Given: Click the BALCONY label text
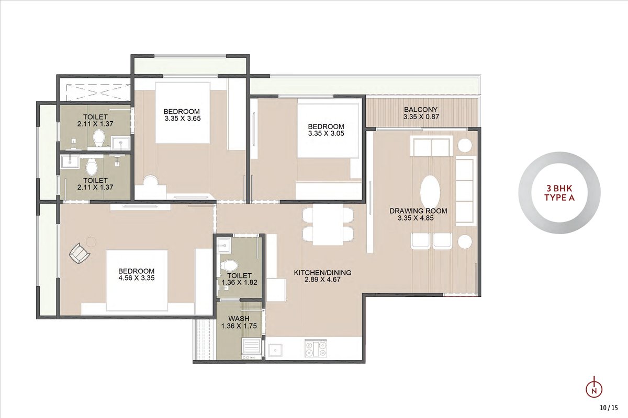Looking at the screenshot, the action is (x=421, y=110).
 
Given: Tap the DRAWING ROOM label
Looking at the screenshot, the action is (x=418, y=211).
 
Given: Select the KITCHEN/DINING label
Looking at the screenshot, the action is (x=322, y=272).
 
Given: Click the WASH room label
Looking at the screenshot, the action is (x=239, y=319).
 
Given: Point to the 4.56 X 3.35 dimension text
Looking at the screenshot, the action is (x=137, y=278).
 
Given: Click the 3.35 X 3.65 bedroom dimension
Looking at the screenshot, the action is (x=183, y=119).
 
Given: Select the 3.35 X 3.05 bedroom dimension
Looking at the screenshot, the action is (x=326, y=134).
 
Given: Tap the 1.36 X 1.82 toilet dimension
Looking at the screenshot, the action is (x=240, y=282).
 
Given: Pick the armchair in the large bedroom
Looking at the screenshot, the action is (x=80, y=253).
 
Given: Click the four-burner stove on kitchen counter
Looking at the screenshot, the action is (x=316, y=349).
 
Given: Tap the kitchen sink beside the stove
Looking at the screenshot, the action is (x=275, y=350).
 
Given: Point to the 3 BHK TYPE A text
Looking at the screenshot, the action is (x=559, y=193).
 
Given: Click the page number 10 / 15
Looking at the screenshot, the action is (x=609, y=408).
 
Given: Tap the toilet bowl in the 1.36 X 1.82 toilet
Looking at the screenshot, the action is (x=229, y=265).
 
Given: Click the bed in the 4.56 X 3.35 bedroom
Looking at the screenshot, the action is (x=137, y=280).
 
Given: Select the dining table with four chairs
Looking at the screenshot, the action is (x=328, y=225).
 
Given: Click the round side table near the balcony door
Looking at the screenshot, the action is (x=465, y=146).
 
